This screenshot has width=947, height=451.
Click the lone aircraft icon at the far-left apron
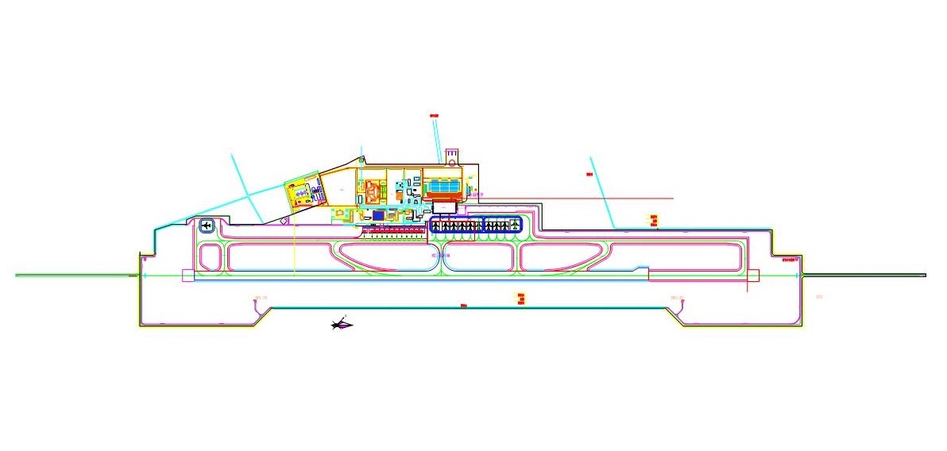[x=207, y=226]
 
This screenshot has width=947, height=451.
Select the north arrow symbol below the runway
[x=342, y=323]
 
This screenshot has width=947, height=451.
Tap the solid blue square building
[x=379, y=214]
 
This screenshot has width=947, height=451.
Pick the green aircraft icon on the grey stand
[x=516, y=225]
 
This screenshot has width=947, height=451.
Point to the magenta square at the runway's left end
[x=187, y=276]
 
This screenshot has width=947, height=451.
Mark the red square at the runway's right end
[x=754, y=276]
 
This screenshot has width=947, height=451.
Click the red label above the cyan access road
[x=434, y=116]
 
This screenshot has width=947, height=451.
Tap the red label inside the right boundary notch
[x=789, y=259]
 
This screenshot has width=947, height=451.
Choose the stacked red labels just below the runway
[x=521, y=298]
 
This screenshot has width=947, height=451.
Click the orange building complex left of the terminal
[x=373, y=191]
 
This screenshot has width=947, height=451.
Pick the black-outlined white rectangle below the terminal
[x=443, y=207]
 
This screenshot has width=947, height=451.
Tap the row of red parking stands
[x=395, y=231]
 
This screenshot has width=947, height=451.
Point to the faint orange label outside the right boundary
[x=820, y=297]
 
